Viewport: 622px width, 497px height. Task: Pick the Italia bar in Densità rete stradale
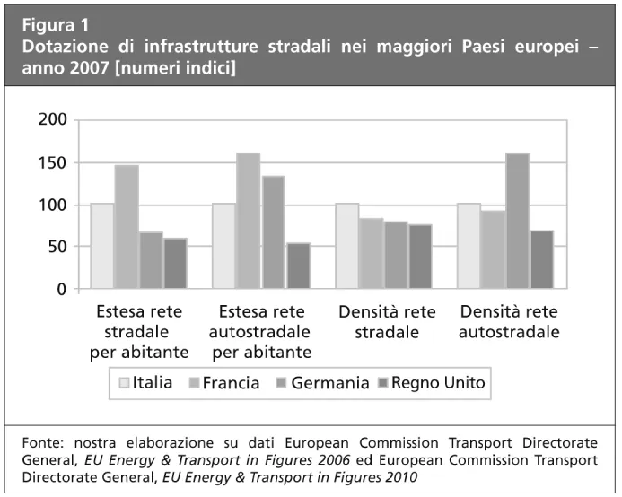346,246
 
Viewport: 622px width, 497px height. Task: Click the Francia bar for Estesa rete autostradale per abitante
249,221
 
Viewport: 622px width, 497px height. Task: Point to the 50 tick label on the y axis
58,247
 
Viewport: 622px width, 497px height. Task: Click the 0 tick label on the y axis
63,289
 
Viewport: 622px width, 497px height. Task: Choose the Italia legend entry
146,383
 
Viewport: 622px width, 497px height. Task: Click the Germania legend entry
325,383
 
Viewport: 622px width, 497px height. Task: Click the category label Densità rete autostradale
509,322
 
